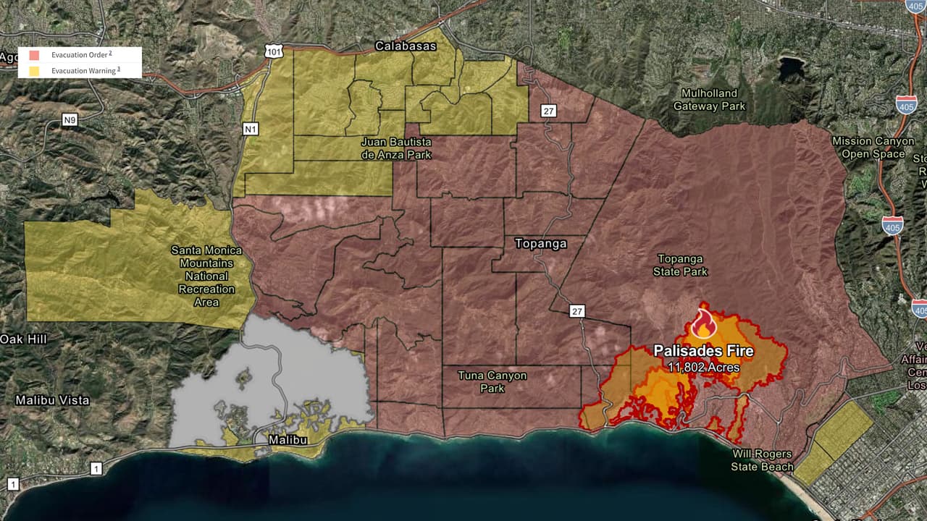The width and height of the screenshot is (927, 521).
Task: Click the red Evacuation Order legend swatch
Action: coord(32,55)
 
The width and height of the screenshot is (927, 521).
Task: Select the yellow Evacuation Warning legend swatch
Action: coord(32,71)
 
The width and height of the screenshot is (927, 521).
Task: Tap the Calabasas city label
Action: coord(406,46)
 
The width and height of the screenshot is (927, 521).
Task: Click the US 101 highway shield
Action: coord(272,51)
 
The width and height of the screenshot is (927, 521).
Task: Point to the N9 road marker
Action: coord(70,120)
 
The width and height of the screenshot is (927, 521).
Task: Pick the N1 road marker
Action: coord(251,128)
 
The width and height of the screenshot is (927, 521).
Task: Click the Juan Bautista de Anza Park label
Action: coord(396,148)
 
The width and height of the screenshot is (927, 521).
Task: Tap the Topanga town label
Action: coord(540,244)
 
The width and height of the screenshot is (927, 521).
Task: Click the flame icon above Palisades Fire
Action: coord(702,324)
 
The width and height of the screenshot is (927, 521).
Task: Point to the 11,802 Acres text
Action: coord(703,368)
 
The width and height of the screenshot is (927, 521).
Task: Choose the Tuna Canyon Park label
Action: coord(492,381)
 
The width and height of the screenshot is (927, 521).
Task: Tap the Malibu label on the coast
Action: coord(288,440)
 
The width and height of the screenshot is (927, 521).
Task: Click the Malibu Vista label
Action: coord(53,400)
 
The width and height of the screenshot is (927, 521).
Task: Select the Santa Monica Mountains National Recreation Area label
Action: coord(206,276)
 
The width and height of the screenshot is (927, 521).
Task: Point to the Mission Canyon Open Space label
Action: coord(873,147)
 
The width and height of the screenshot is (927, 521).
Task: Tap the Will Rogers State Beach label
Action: coord(762,460)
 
